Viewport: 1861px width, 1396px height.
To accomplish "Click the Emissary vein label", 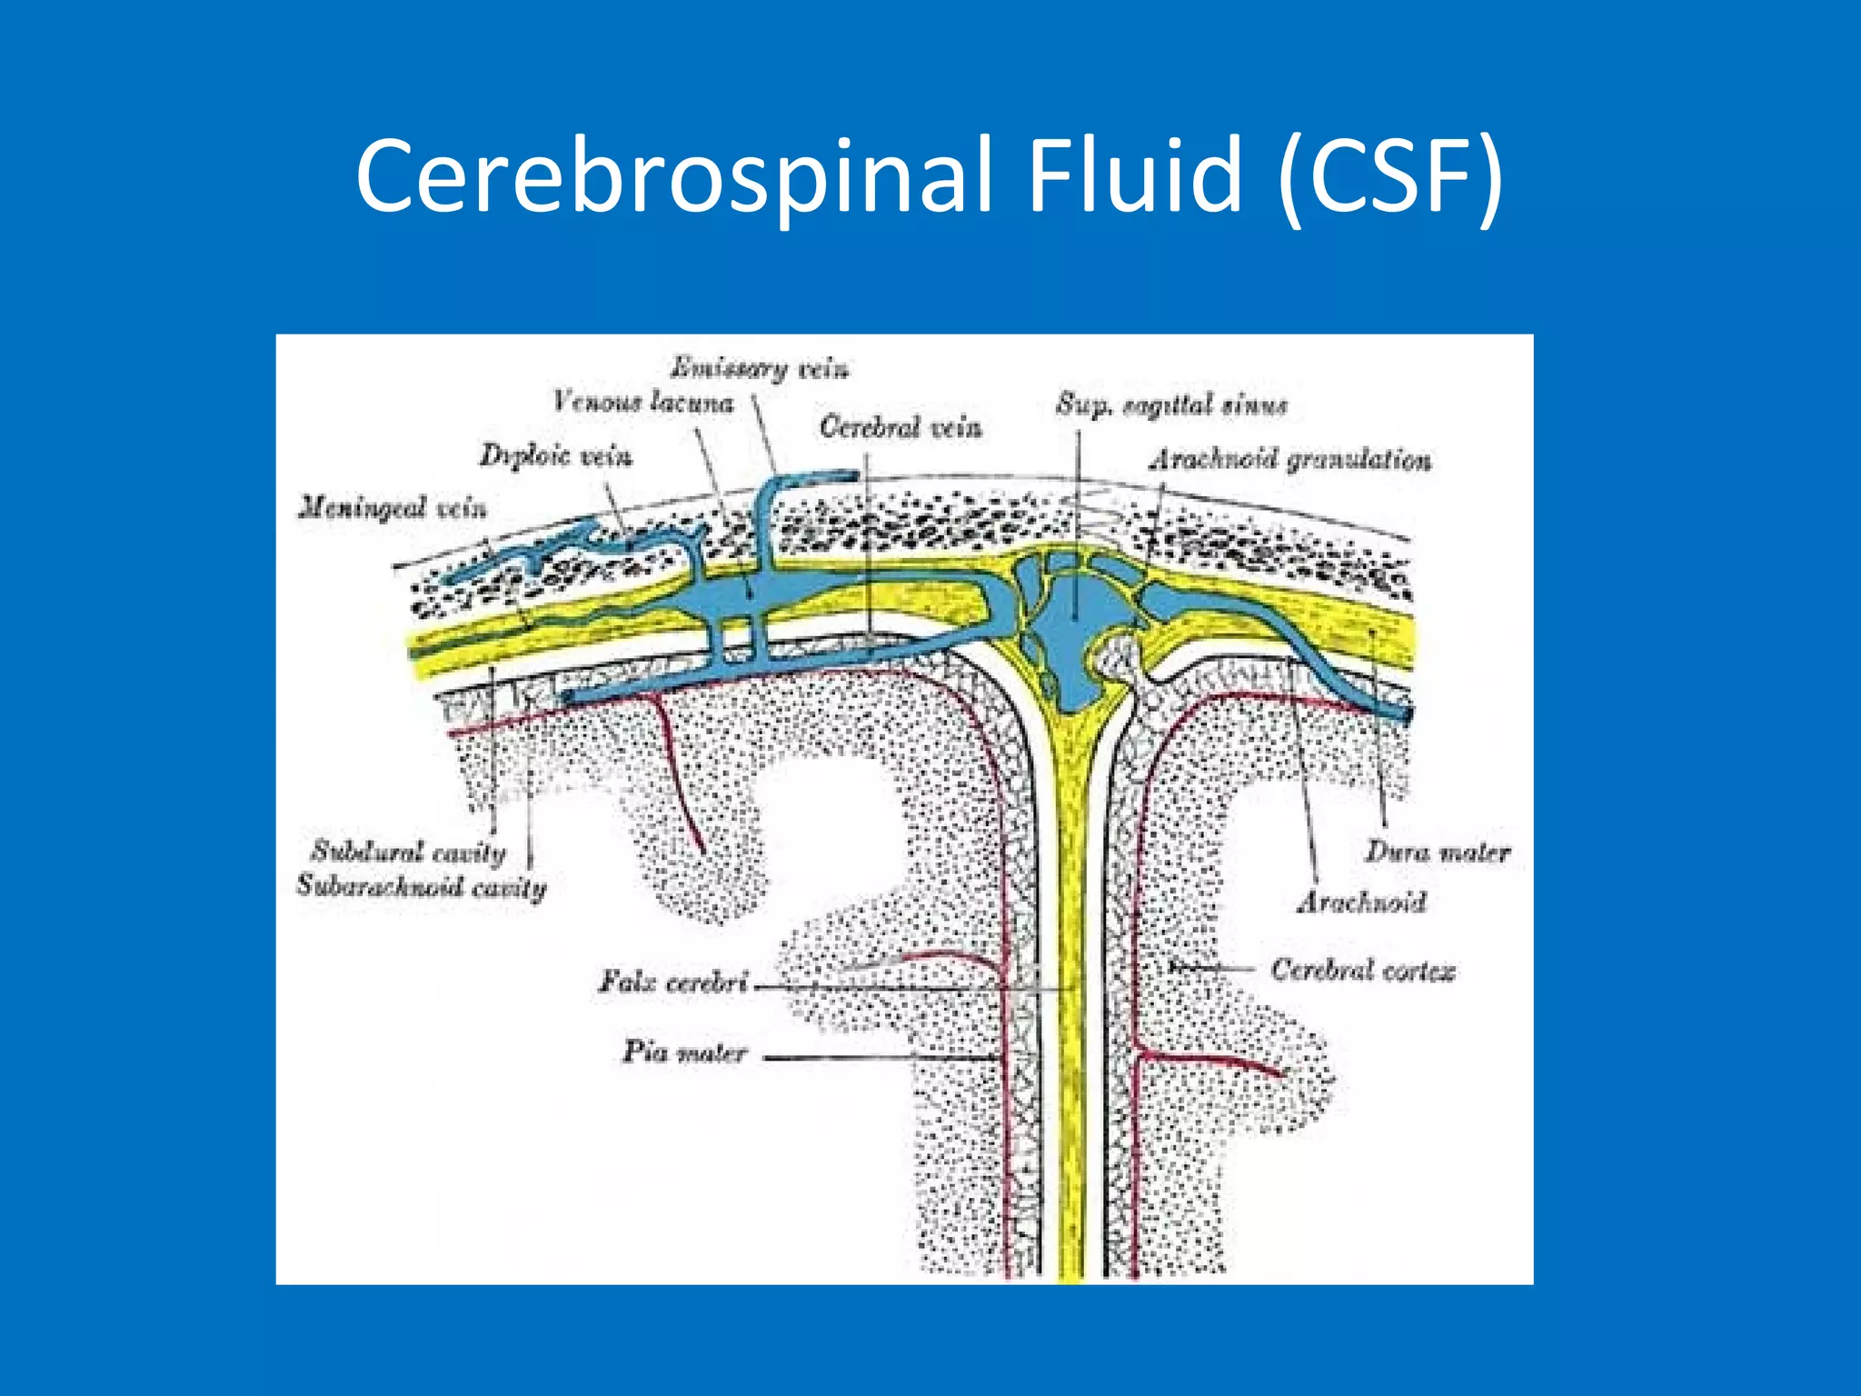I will [760, 368].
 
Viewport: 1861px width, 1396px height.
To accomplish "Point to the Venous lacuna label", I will [643, 401].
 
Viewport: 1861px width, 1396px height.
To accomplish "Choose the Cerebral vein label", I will [901, 427].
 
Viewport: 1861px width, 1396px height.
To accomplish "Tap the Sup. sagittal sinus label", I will [1171, 404].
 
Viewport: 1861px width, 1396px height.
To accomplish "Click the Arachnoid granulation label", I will [1290, 460].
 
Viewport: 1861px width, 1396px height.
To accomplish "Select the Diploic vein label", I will [555, 455].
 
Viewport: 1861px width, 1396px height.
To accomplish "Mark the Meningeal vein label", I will [393, 507].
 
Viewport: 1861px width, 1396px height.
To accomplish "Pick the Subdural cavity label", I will [408, 852].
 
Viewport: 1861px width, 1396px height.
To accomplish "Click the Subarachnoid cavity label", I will [422, 886].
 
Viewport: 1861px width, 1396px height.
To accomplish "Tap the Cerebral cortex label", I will [1362, 971].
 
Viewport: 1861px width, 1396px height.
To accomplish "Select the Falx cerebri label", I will [673, 982].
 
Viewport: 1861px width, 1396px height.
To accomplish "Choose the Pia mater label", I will [684, 1052].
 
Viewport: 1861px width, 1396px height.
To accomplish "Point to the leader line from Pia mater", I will [881, 1058].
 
